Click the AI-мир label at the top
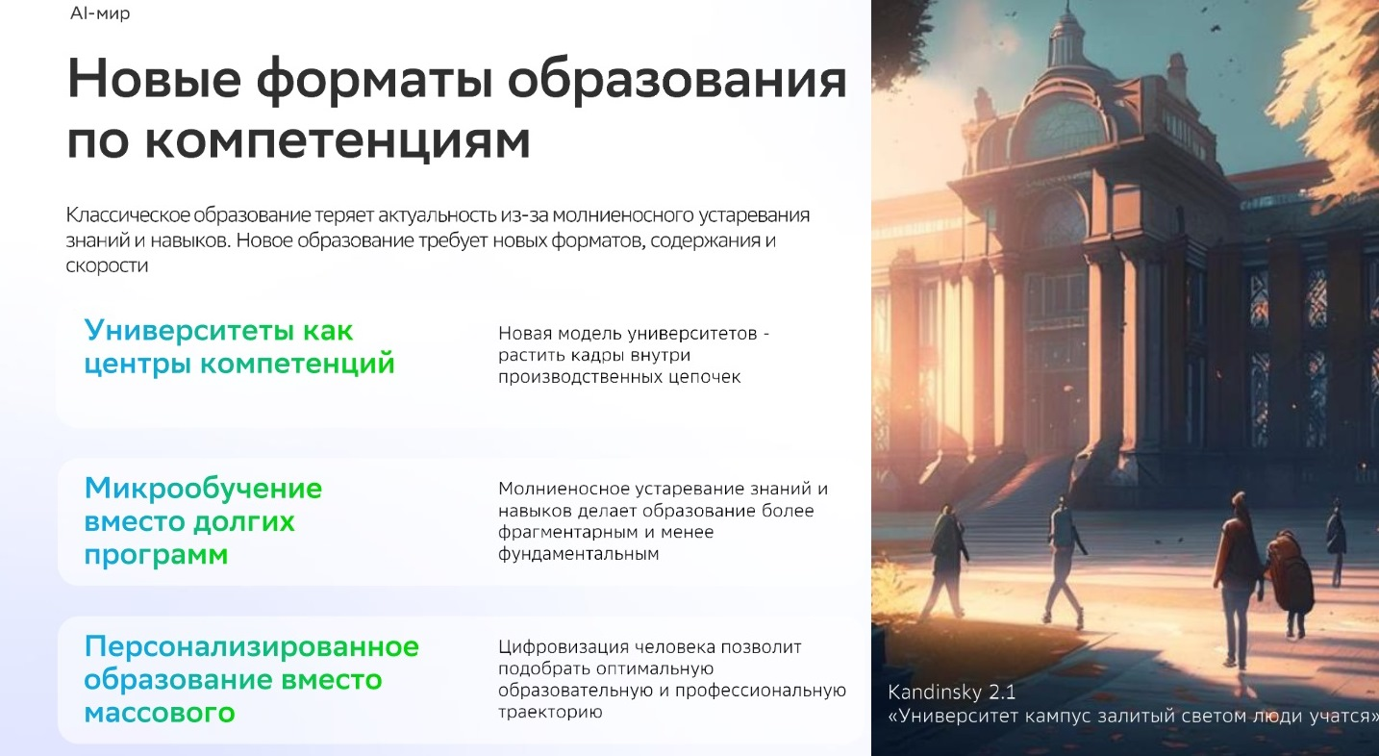(100, 13)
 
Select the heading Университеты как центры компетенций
(239, 347)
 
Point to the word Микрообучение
(203, 489)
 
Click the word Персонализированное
(252, 645)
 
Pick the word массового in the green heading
(160, 714)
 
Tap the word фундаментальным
(578, 554)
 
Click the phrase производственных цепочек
(619, 377)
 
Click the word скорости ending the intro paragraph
(107, 265)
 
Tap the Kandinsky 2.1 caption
(951, 693)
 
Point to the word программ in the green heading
(156, 556)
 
